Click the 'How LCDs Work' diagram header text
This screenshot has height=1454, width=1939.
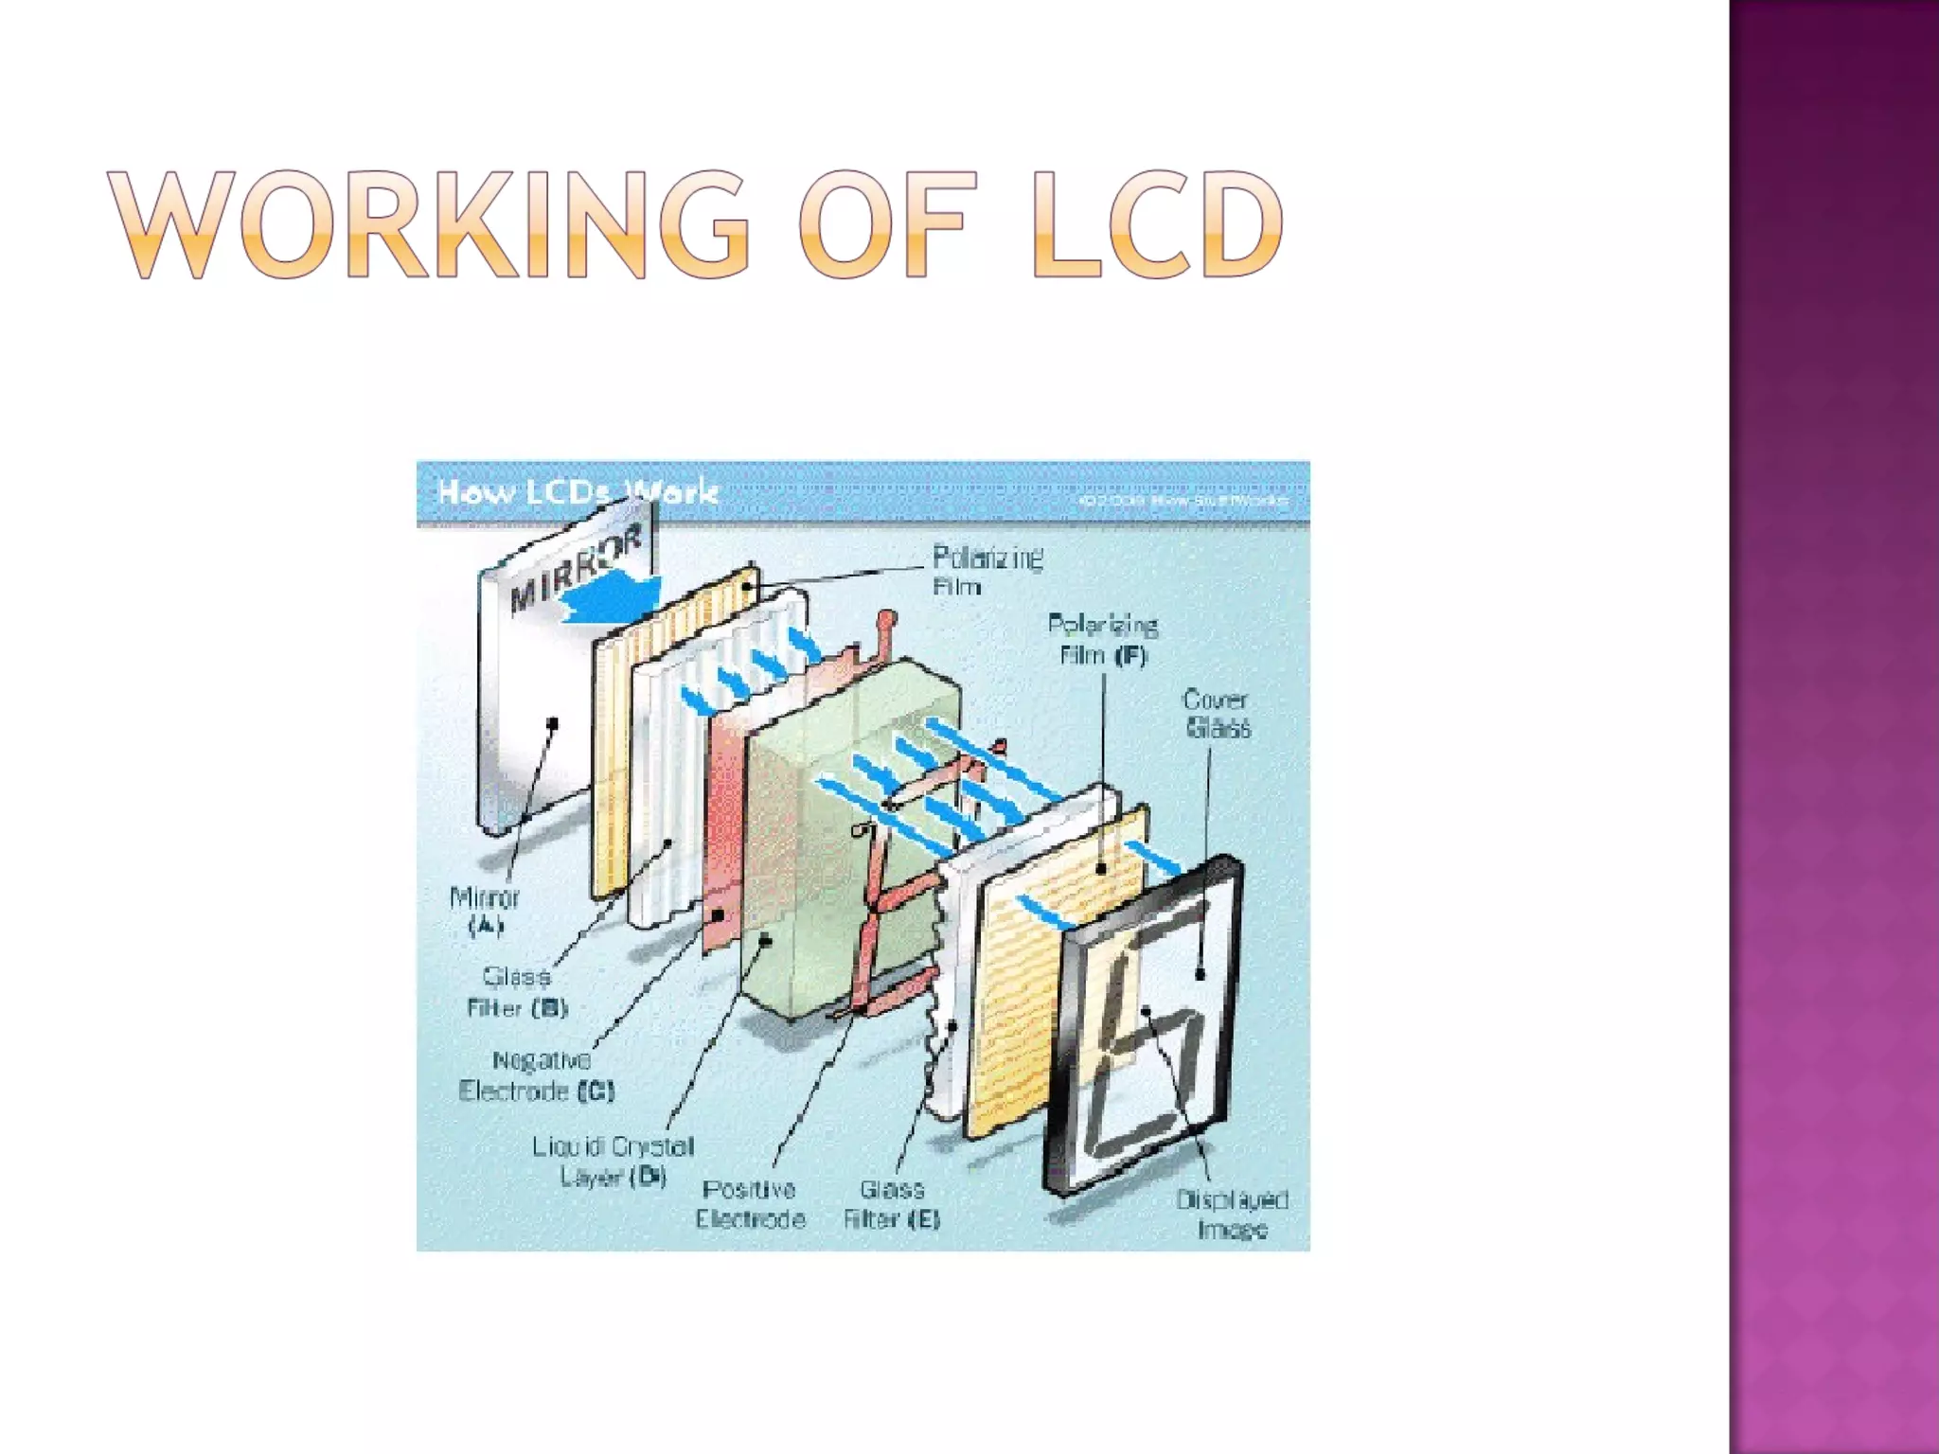point(577,491)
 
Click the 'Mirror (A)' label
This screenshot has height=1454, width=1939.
point(485,911)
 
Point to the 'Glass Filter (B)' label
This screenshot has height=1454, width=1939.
point(517,991)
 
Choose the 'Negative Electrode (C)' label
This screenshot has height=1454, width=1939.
point(538,1075)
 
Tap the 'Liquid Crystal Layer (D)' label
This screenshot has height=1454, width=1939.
point(614,1161)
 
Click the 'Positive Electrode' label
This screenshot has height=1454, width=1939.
point(750,1203)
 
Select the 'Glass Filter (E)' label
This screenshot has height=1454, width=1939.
point(892,1203)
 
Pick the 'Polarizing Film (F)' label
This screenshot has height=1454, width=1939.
point(1103,640)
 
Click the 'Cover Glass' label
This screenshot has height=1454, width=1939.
point(1218,714)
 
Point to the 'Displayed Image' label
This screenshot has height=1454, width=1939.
point(1232,1214)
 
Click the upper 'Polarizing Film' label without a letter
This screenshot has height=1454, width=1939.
point(987,571)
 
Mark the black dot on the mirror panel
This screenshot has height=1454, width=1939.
point(553,724)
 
